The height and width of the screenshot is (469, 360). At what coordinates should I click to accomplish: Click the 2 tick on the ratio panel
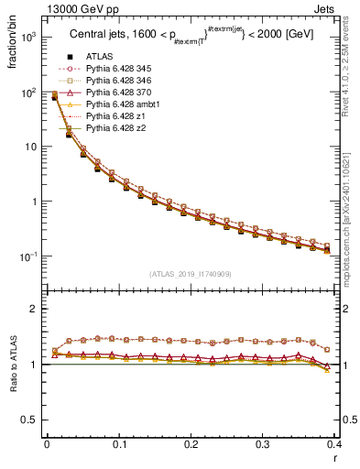(x=37, y=309)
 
